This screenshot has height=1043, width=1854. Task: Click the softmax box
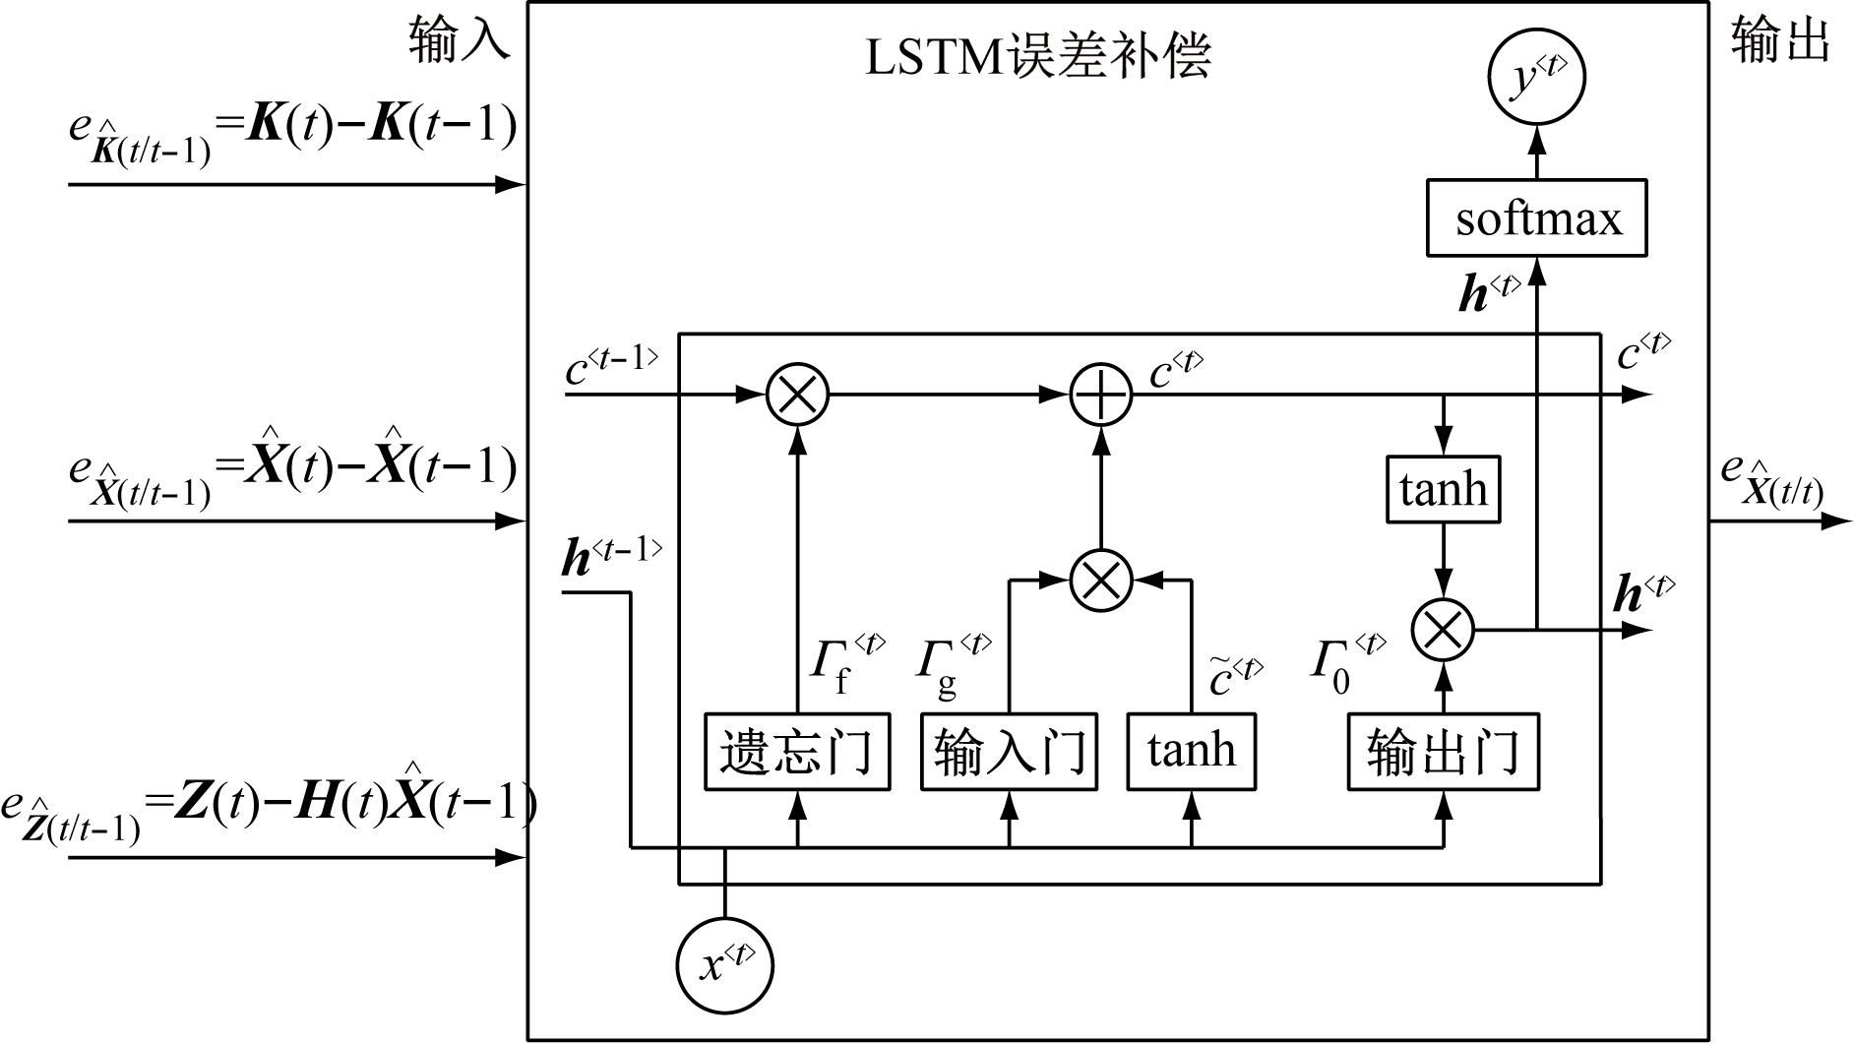(1536, 218)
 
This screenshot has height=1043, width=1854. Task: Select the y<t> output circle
(1536, 79)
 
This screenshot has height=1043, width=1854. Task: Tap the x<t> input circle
(725, 965)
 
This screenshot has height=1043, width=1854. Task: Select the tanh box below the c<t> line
(1443, 489)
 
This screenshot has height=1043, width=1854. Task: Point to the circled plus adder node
(1101, 395)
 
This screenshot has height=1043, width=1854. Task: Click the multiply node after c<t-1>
(798, 395)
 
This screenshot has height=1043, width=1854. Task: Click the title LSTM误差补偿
(1037, 56)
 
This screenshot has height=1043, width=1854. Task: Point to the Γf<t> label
(844, 663)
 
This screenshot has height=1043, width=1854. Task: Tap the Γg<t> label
(952, 663)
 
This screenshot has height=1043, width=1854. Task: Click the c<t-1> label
(610, 365)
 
